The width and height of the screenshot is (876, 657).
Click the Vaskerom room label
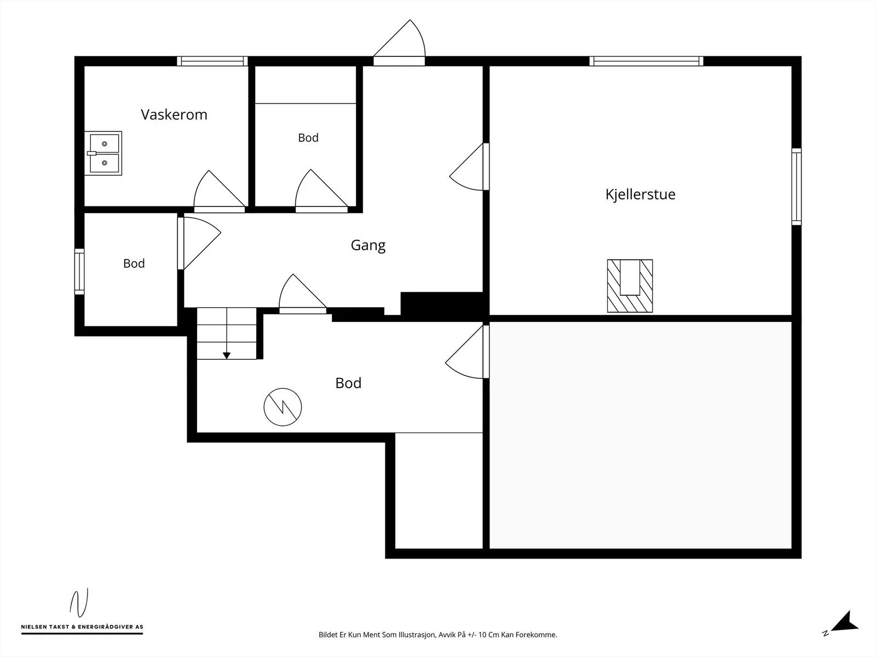click(174, 115)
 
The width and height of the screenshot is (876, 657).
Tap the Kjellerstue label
click(640, 194)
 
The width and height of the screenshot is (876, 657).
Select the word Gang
click(368, 245)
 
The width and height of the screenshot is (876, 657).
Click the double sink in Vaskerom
click(103, 153)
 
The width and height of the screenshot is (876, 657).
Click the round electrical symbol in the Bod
click(283, 407)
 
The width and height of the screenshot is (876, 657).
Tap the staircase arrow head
click(227, 356)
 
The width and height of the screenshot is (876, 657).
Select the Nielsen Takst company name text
click(82, 627)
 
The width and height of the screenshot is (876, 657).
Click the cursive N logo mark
click(79, 603)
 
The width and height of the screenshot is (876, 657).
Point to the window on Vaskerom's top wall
click(212, 61)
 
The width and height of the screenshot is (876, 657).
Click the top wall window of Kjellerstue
click(646, 61)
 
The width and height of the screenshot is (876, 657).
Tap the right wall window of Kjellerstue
click(796, 187)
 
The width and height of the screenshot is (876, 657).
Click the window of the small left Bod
click(79, 272)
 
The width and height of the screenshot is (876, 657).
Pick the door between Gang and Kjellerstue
click(467, 167)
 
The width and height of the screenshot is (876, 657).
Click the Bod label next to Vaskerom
click(308, 138)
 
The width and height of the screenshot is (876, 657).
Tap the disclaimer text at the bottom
click(438, 635)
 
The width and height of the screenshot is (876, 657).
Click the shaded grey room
click(640, 435)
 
